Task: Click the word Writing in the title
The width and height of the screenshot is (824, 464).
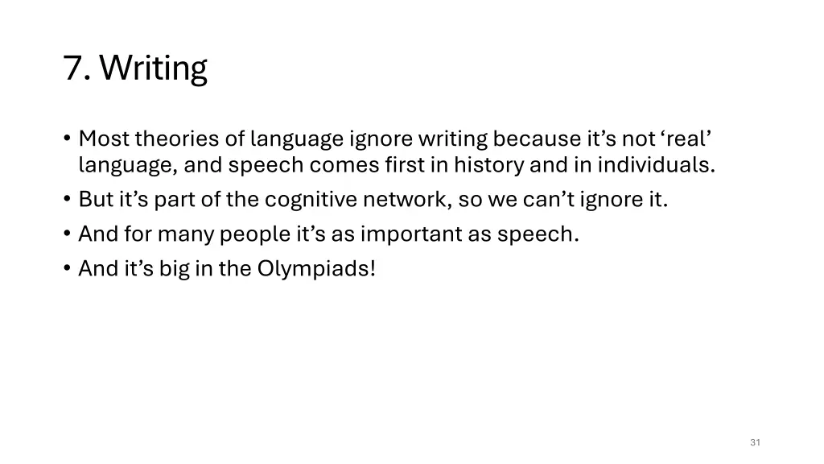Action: click(154, 69)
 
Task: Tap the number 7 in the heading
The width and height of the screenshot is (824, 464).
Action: click(74, 69)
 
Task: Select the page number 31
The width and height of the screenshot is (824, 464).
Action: click(755, 442)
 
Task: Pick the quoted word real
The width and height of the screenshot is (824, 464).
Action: click(686, 139)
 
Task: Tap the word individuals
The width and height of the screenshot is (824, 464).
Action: click(656, 166)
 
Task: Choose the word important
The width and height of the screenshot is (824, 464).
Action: click(410, 234)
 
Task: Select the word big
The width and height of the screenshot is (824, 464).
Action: click(174, 269)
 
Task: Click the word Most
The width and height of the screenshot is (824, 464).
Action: click(104, 139)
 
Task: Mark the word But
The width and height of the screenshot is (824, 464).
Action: click(94, 199)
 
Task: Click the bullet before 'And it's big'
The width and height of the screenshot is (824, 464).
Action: click(67, 269)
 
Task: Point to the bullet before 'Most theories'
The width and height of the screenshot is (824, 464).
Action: click(67, 139)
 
